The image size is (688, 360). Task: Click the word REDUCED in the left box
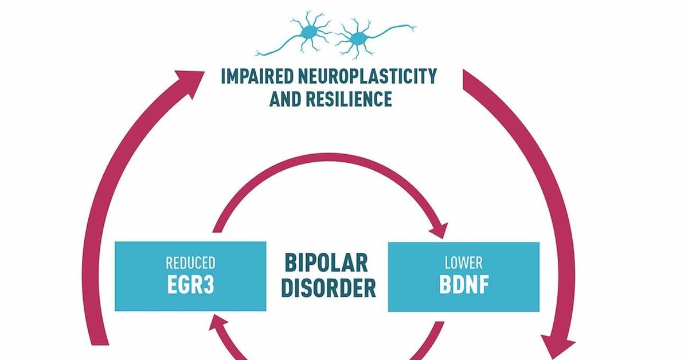pos(190,264)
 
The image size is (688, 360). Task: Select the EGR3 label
pos(190,285)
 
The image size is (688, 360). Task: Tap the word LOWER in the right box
pos(463,264)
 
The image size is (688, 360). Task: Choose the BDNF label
pos(463,285)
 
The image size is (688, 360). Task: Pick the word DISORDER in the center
pos(328,288)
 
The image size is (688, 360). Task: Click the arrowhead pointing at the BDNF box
pos(440,229)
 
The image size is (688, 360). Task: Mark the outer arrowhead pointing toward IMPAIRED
pos(192,77)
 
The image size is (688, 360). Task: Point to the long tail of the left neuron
pos(275,50)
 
